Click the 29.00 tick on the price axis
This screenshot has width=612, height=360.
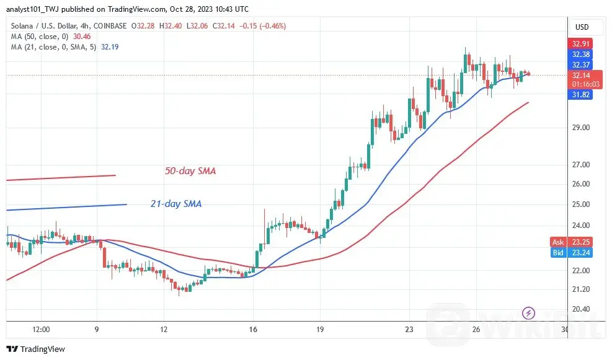pos(582,128)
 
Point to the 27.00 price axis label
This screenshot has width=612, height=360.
pos(582,165)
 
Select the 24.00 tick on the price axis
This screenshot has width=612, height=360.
pos(582,226)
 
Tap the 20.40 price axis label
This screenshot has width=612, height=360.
pos(582,309)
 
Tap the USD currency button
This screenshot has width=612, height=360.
pos(582,27)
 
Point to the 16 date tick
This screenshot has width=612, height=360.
pos(253,329)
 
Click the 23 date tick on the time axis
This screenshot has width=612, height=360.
pos(410,329)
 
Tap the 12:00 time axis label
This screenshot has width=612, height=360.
pos(41,329)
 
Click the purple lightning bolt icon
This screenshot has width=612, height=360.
pos(528,312)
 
